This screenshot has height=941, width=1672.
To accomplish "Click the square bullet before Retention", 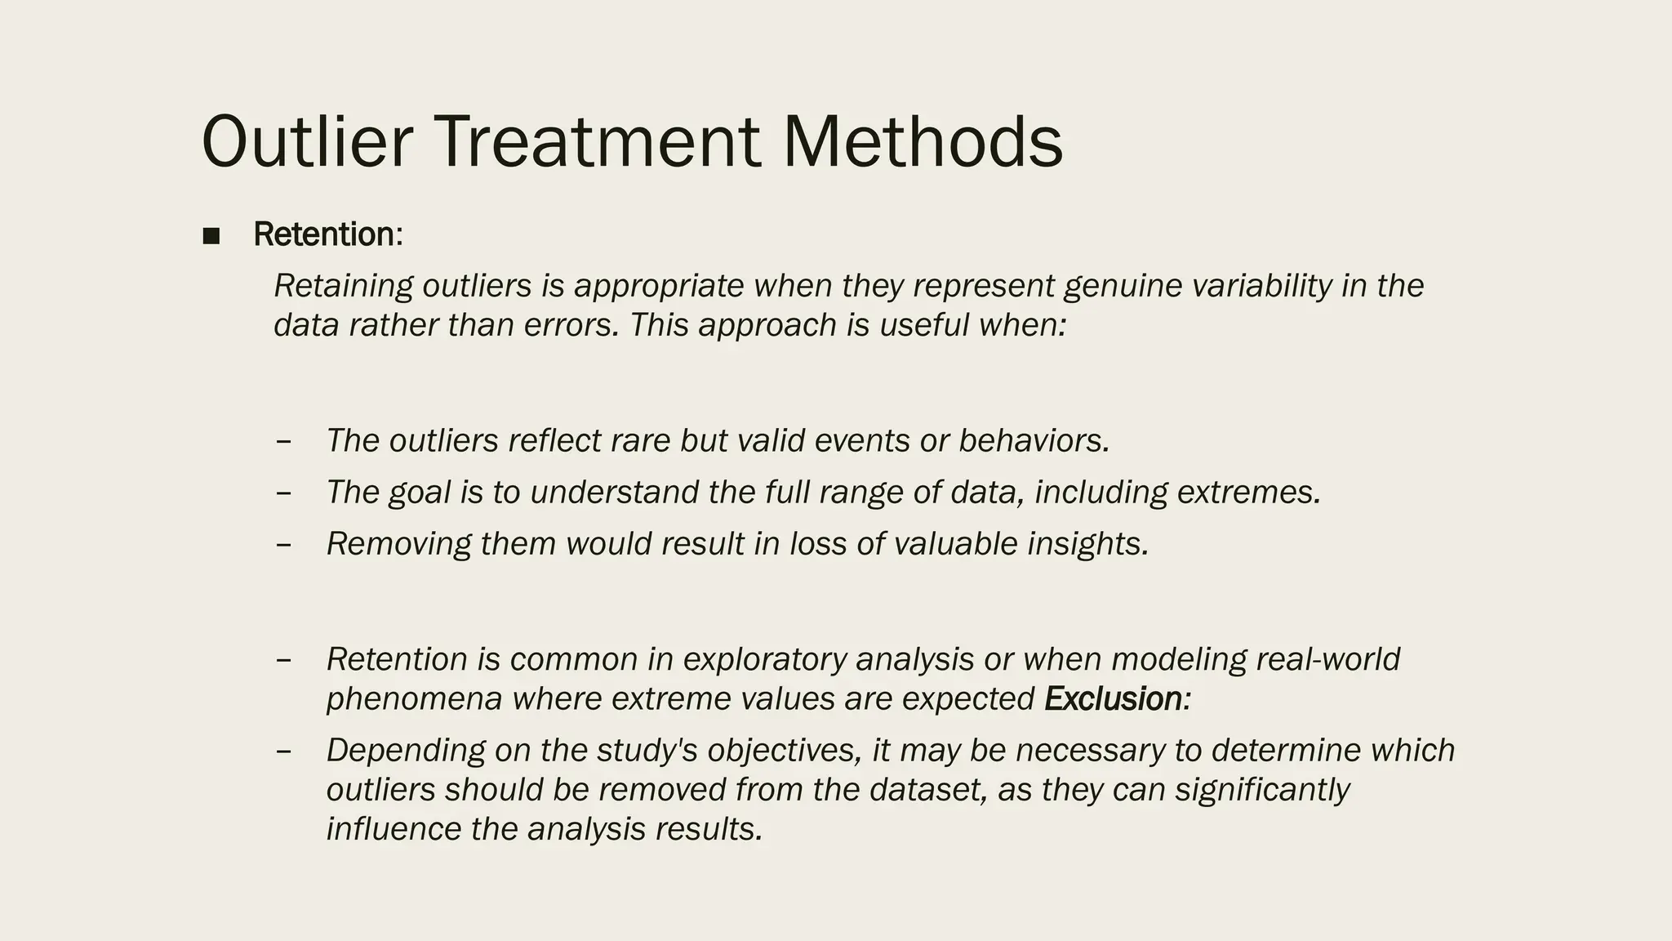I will click(x=211, y=236).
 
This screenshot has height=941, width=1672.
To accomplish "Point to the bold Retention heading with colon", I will click(x=327, y=234).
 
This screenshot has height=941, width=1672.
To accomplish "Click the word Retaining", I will click(x=344, y=286).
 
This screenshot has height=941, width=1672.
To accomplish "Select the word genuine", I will click(x=1123, y=286).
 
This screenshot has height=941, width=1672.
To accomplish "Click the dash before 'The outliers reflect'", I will click(x=283, y=441).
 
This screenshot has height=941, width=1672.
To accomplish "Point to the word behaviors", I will click(x=1034, y=441).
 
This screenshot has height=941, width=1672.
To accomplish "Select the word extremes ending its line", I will click(x=1248, y=493).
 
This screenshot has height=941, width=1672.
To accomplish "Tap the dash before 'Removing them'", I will click(x=283, y=544).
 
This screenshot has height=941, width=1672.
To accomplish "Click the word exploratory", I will click(x=765, y=659).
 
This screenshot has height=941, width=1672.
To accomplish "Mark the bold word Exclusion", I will click(x=1113, y=699).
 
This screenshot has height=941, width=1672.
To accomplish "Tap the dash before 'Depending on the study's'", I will click(x=283, y=751).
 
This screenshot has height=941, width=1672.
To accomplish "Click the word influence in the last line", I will click(x=394, y=829).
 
